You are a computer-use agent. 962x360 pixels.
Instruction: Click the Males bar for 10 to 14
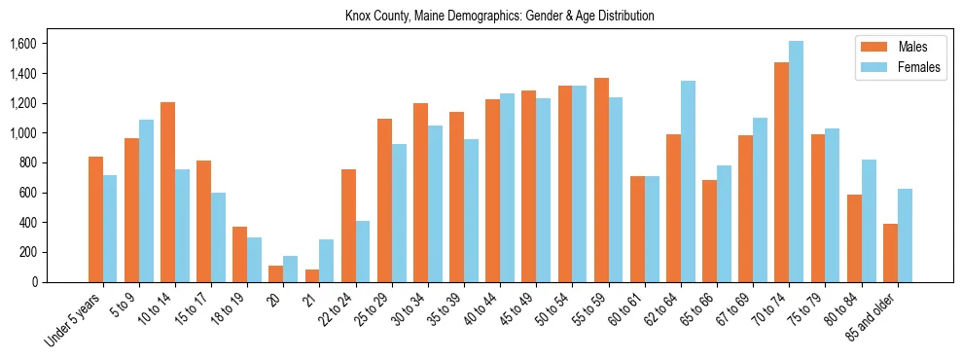click(167, 192)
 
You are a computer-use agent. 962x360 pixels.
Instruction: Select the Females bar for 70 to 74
click(796, 162)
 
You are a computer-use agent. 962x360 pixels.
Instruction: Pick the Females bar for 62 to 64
click(688, 182)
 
